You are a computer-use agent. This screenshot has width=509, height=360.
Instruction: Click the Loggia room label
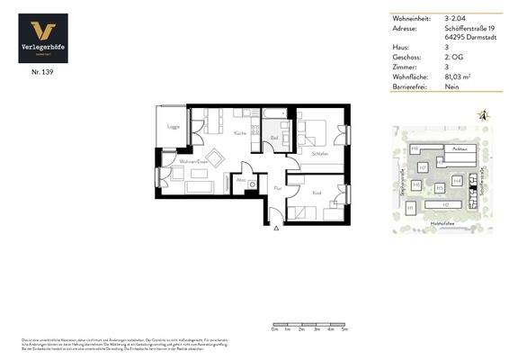(173, 128)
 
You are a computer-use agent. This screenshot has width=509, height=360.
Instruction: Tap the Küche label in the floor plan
(240, 133)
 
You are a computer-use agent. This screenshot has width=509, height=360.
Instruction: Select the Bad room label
(272, 138)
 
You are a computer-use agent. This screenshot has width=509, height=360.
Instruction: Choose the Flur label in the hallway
(278, 188)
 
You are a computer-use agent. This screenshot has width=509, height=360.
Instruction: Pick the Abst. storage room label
(241, 179)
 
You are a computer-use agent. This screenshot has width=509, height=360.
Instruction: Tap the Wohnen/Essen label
(193, 161)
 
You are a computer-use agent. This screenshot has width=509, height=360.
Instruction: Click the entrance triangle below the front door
(276, 229)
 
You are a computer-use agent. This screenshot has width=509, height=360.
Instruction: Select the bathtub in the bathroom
(274, 113)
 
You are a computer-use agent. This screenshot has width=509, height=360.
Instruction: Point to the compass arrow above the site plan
(484, 115)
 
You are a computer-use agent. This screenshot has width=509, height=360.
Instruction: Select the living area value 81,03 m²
(458, 76)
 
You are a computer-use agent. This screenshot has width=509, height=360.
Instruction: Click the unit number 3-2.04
(454, 18)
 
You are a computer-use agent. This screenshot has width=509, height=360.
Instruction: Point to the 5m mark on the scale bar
(344, 330)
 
